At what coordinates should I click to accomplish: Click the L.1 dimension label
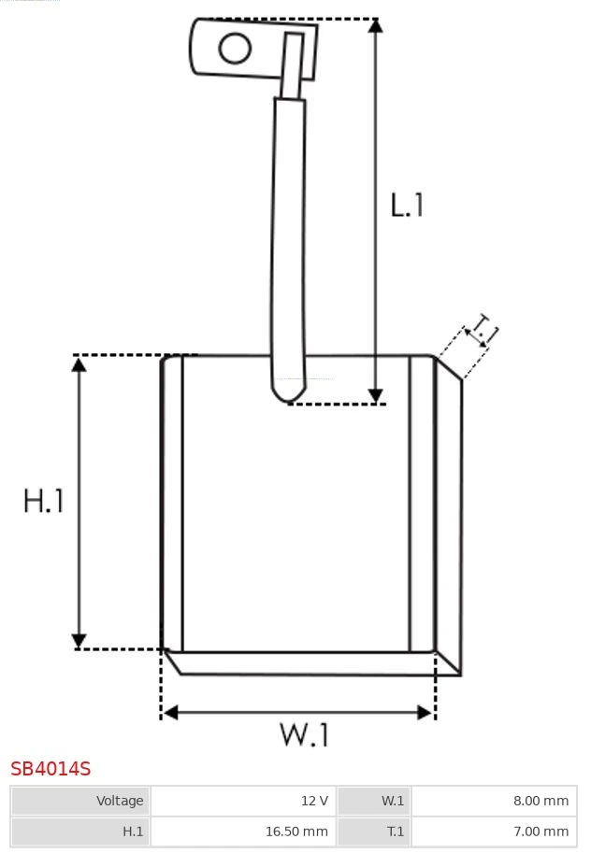tap(407, 205)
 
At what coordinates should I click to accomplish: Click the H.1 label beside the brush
tap(44, 501)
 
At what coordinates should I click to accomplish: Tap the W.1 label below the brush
tap(305, 734)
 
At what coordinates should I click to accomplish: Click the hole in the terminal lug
tap(235, 48)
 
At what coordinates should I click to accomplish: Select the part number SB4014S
tap(50, 769)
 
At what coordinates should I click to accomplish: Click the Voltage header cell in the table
tap(80, 801)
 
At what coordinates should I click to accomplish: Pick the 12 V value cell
tap(243, 801)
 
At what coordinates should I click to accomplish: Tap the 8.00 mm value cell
tap(494, 801)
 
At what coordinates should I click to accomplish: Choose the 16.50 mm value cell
tap(243, 831)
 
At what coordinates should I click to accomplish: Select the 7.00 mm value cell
tap(494, 831)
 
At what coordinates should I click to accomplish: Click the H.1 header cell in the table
tap(80, 831)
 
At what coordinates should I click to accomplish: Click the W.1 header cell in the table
tap(373, 801)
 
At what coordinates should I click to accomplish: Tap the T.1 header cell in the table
tap(373, 831)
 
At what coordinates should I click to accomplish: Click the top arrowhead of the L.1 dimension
tap(376, 25)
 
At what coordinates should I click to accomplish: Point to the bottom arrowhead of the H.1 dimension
tap(79, 641)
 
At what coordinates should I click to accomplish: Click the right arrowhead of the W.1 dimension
tap(425, 712)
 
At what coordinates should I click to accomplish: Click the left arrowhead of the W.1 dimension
tap(169, 712)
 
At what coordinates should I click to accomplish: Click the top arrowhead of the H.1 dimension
tap(79, 363)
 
